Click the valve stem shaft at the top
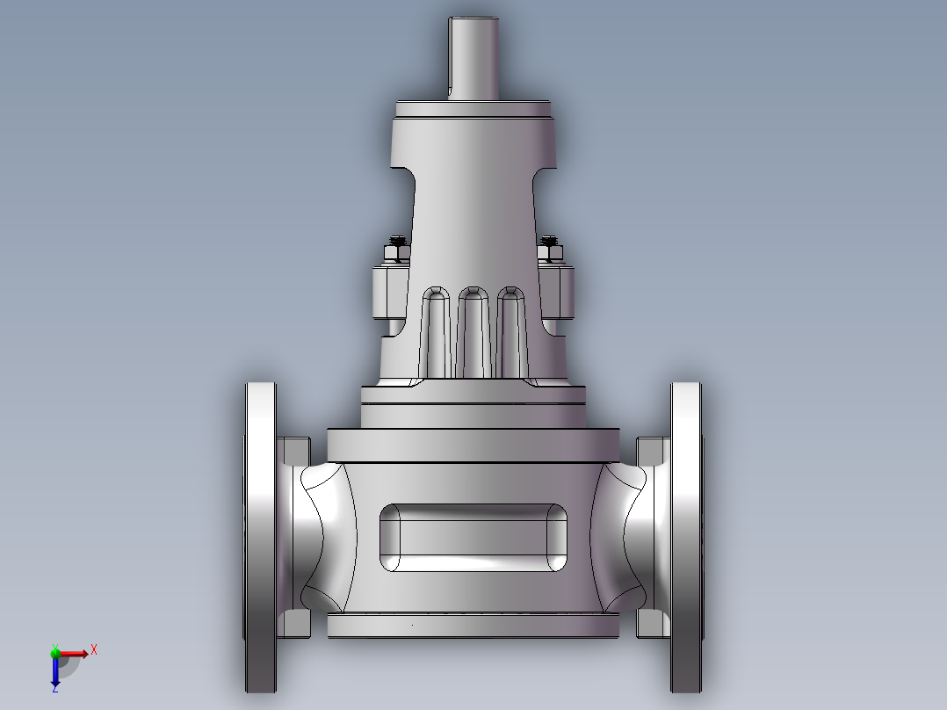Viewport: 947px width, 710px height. (x=473, y=57)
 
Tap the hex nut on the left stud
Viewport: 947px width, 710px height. (x=395, y=254)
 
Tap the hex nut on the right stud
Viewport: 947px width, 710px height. (x=551, y=254)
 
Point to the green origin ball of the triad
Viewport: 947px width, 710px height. (x=55, y=652)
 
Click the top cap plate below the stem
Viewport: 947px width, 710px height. (x=473, y=110)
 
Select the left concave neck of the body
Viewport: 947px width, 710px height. (x=325, y=536)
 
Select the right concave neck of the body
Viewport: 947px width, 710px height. (x=622, y=536)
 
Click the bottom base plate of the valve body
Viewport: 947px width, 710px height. (x=473, y=626)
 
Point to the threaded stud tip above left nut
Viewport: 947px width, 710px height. (x=397, y=239)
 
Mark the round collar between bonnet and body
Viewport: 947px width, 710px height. (x=473, y=407)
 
